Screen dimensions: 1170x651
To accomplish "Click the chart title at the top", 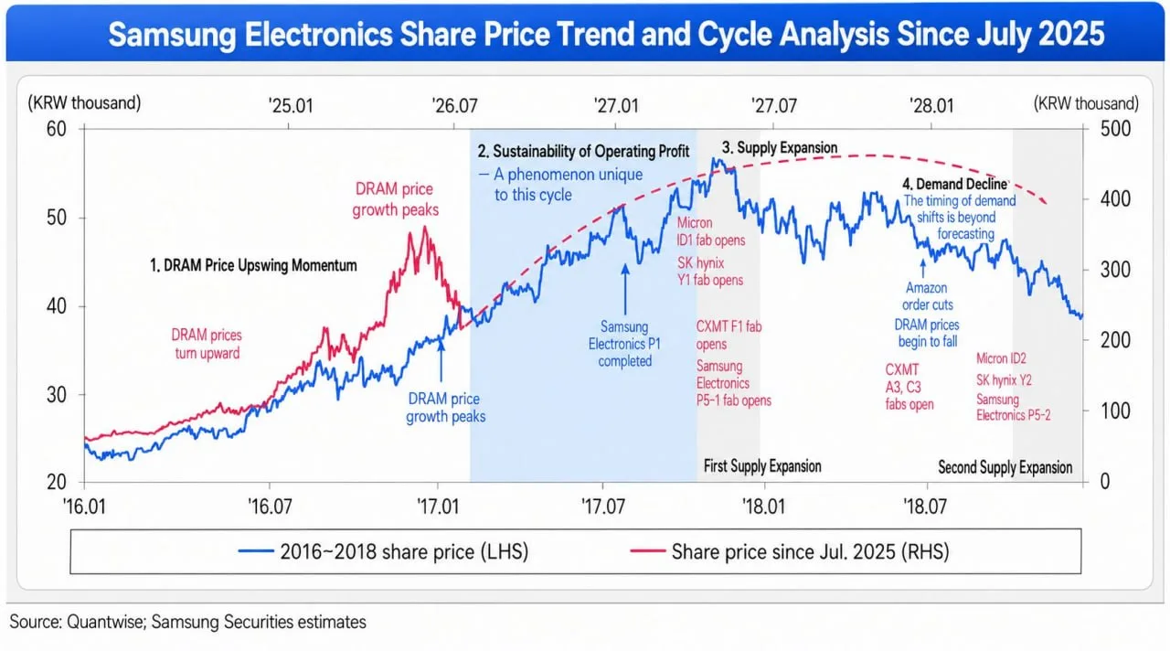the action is [x=606, y=35].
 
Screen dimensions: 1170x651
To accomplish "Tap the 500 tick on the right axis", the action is [x=1115, y=129].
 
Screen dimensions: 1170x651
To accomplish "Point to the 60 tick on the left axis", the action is [x=57, y=129].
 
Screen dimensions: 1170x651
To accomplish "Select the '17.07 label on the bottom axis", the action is [x=602, y=507].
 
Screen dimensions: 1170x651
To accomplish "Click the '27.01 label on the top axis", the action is [x=616, y=106].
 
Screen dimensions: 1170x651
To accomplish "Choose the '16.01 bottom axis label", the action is [x=84, y=507].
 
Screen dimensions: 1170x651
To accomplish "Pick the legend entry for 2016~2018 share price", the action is [x=383, y=551].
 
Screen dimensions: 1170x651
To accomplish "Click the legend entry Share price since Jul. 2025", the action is [x=790, y=551].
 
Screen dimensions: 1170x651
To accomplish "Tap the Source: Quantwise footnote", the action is [x=188, y=623].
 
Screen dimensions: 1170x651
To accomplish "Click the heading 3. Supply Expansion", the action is [x=780, y=148].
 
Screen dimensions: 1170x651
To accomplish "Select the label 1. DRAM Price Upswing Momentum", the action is [x=253, y=265].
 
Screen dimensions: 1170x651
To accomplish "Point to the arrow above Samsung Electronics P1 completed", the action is [x=624, y=290].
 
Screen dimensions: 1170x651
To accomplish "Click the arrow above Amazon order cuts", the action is [x=923, y=268].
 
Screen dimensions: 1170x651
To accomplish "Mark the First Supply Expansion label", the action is [x=762, y=466].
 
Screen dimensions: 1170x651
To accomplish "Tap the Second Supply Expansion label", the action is [x=1005, y=467].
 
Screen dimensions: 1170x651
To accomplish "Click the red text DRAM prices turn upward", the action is [x=207, y=344].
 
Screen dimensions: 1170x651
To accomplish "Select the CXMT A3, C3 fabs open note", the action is [x=909, y=387].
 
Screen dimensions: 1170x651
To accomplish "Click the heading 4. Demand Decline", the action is [x=955, y=184].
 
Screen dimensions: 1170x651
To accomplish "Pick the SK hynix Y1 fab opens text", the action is [x=710, y=272].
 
